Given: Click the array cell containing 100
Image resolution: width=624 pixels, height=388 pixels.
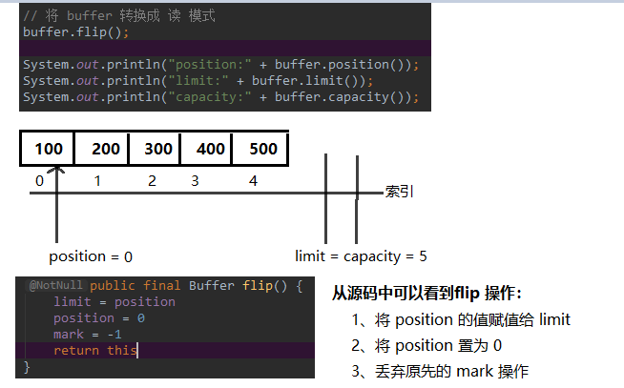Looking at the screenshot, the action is (48, 149).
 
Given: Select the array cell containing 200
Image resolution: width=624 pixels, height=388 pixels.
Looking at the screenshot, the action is (101, 149).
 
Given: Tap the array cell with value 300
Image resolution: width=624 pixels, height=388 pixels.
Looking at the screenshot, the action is (155, 149).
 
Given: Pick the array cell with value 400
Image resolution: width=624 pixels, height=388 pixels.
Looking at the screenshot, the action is (206, 149).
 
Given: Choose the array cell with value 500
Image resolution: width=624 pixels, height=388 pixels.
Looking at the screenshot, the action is (260, 149).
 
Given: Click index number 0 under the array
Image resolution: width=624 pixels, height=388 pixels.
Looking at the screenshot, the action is (39, 181).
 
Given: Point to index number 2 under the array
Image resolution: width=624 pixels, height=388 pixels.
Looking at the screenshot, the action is (152, 181).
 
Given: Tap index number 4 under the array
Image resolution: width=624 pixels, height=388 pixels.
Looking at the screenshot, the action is (253, 181).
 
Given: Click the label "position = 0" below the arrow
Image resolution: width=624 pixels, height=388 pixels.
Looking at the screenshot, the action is (91, 256).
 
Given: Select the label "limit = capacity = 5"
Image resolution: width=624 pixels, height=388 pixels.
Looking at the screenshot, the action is (361, 256).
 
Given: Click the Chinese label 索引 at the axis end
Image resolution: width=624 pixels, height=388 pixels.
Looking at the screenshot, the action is (400, 192).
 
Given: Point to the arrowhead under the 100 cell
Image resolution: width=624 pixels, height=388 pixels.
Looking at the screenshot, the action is (56, 170).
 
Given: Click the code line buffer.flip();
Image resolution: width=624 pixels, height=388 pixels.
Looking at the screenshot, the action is (76, 31).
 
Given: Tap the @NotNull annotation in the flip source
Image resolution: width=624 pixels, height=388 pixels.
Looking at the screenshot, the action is (56, 285).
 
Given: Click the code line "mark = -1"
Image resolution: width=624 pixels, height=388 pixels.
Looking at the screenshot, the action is (88, 335).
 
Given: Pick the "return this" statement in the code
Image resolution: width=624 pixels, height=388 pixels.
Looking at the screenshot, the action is (95, 351).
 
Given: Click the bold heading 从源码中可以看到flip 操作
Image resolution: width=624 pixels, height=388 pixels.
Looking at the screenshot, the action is (426, 294).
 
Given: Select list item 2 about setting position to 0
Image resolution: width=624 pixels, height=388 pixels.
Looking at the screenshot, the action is (426, 345).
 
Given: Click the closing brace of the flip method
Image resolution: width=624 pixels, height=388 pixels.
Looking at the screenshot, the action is (27, 366).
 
